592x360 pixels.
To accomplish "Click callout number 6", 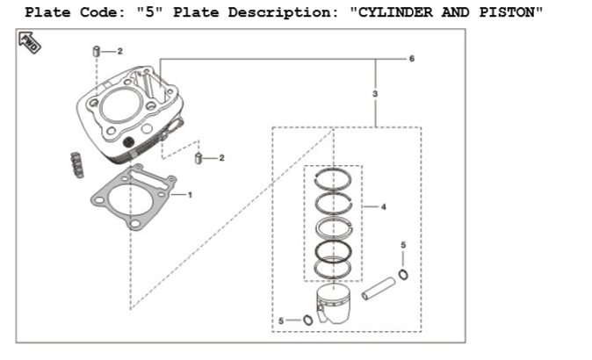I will (x=411, y=58).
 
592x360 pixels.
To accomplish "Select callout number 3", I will (x=375, y=93).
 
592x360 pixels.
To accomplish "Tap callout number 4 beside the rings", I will (x=384, y=207).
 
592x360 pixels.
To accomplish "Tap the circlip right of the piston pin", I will (x=402, y=276).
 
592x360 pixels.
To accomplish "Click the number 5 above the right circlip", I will (x=403, y=243).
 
